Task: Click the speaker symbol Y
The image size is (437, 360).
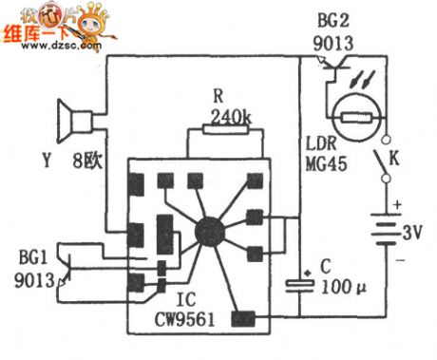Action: pos(76,121)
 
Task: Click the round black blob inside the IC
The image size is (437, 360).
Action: pos(206,230)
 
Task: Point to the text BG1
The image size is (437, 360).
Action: pos(28,257)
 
